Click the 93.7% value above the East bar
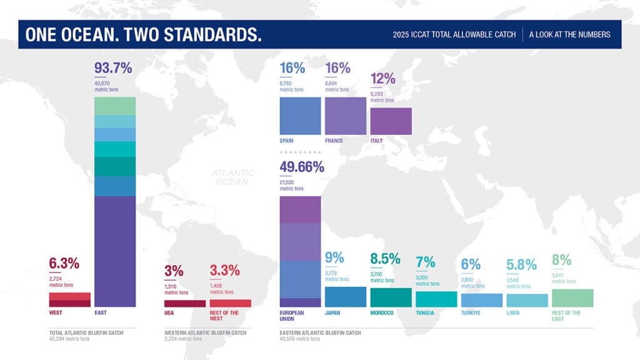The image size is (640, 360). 112,68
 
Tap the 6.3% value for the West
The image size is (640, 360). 64,264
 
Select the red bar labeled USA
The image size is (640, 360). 185,303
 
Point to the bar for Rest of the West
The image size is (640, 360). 230,303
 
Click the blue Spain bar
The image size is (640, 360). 300,116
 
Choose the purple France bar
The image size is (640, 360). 346,116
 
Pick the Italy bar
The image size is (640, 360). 391,121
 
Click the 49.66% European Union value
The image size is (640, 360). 302,167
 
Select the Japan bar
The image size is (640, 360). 346,297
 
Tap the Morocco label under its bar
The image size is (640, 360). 382,312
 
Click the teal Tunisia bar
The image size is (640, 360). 436,299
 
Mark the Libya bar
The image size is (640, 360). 527,301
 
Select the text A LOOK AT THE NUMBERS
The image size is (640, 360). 569,34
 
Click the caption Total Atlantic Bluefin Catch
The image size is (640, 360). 86,332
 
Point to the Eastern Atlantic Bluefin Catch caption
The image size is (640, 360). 320,332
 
